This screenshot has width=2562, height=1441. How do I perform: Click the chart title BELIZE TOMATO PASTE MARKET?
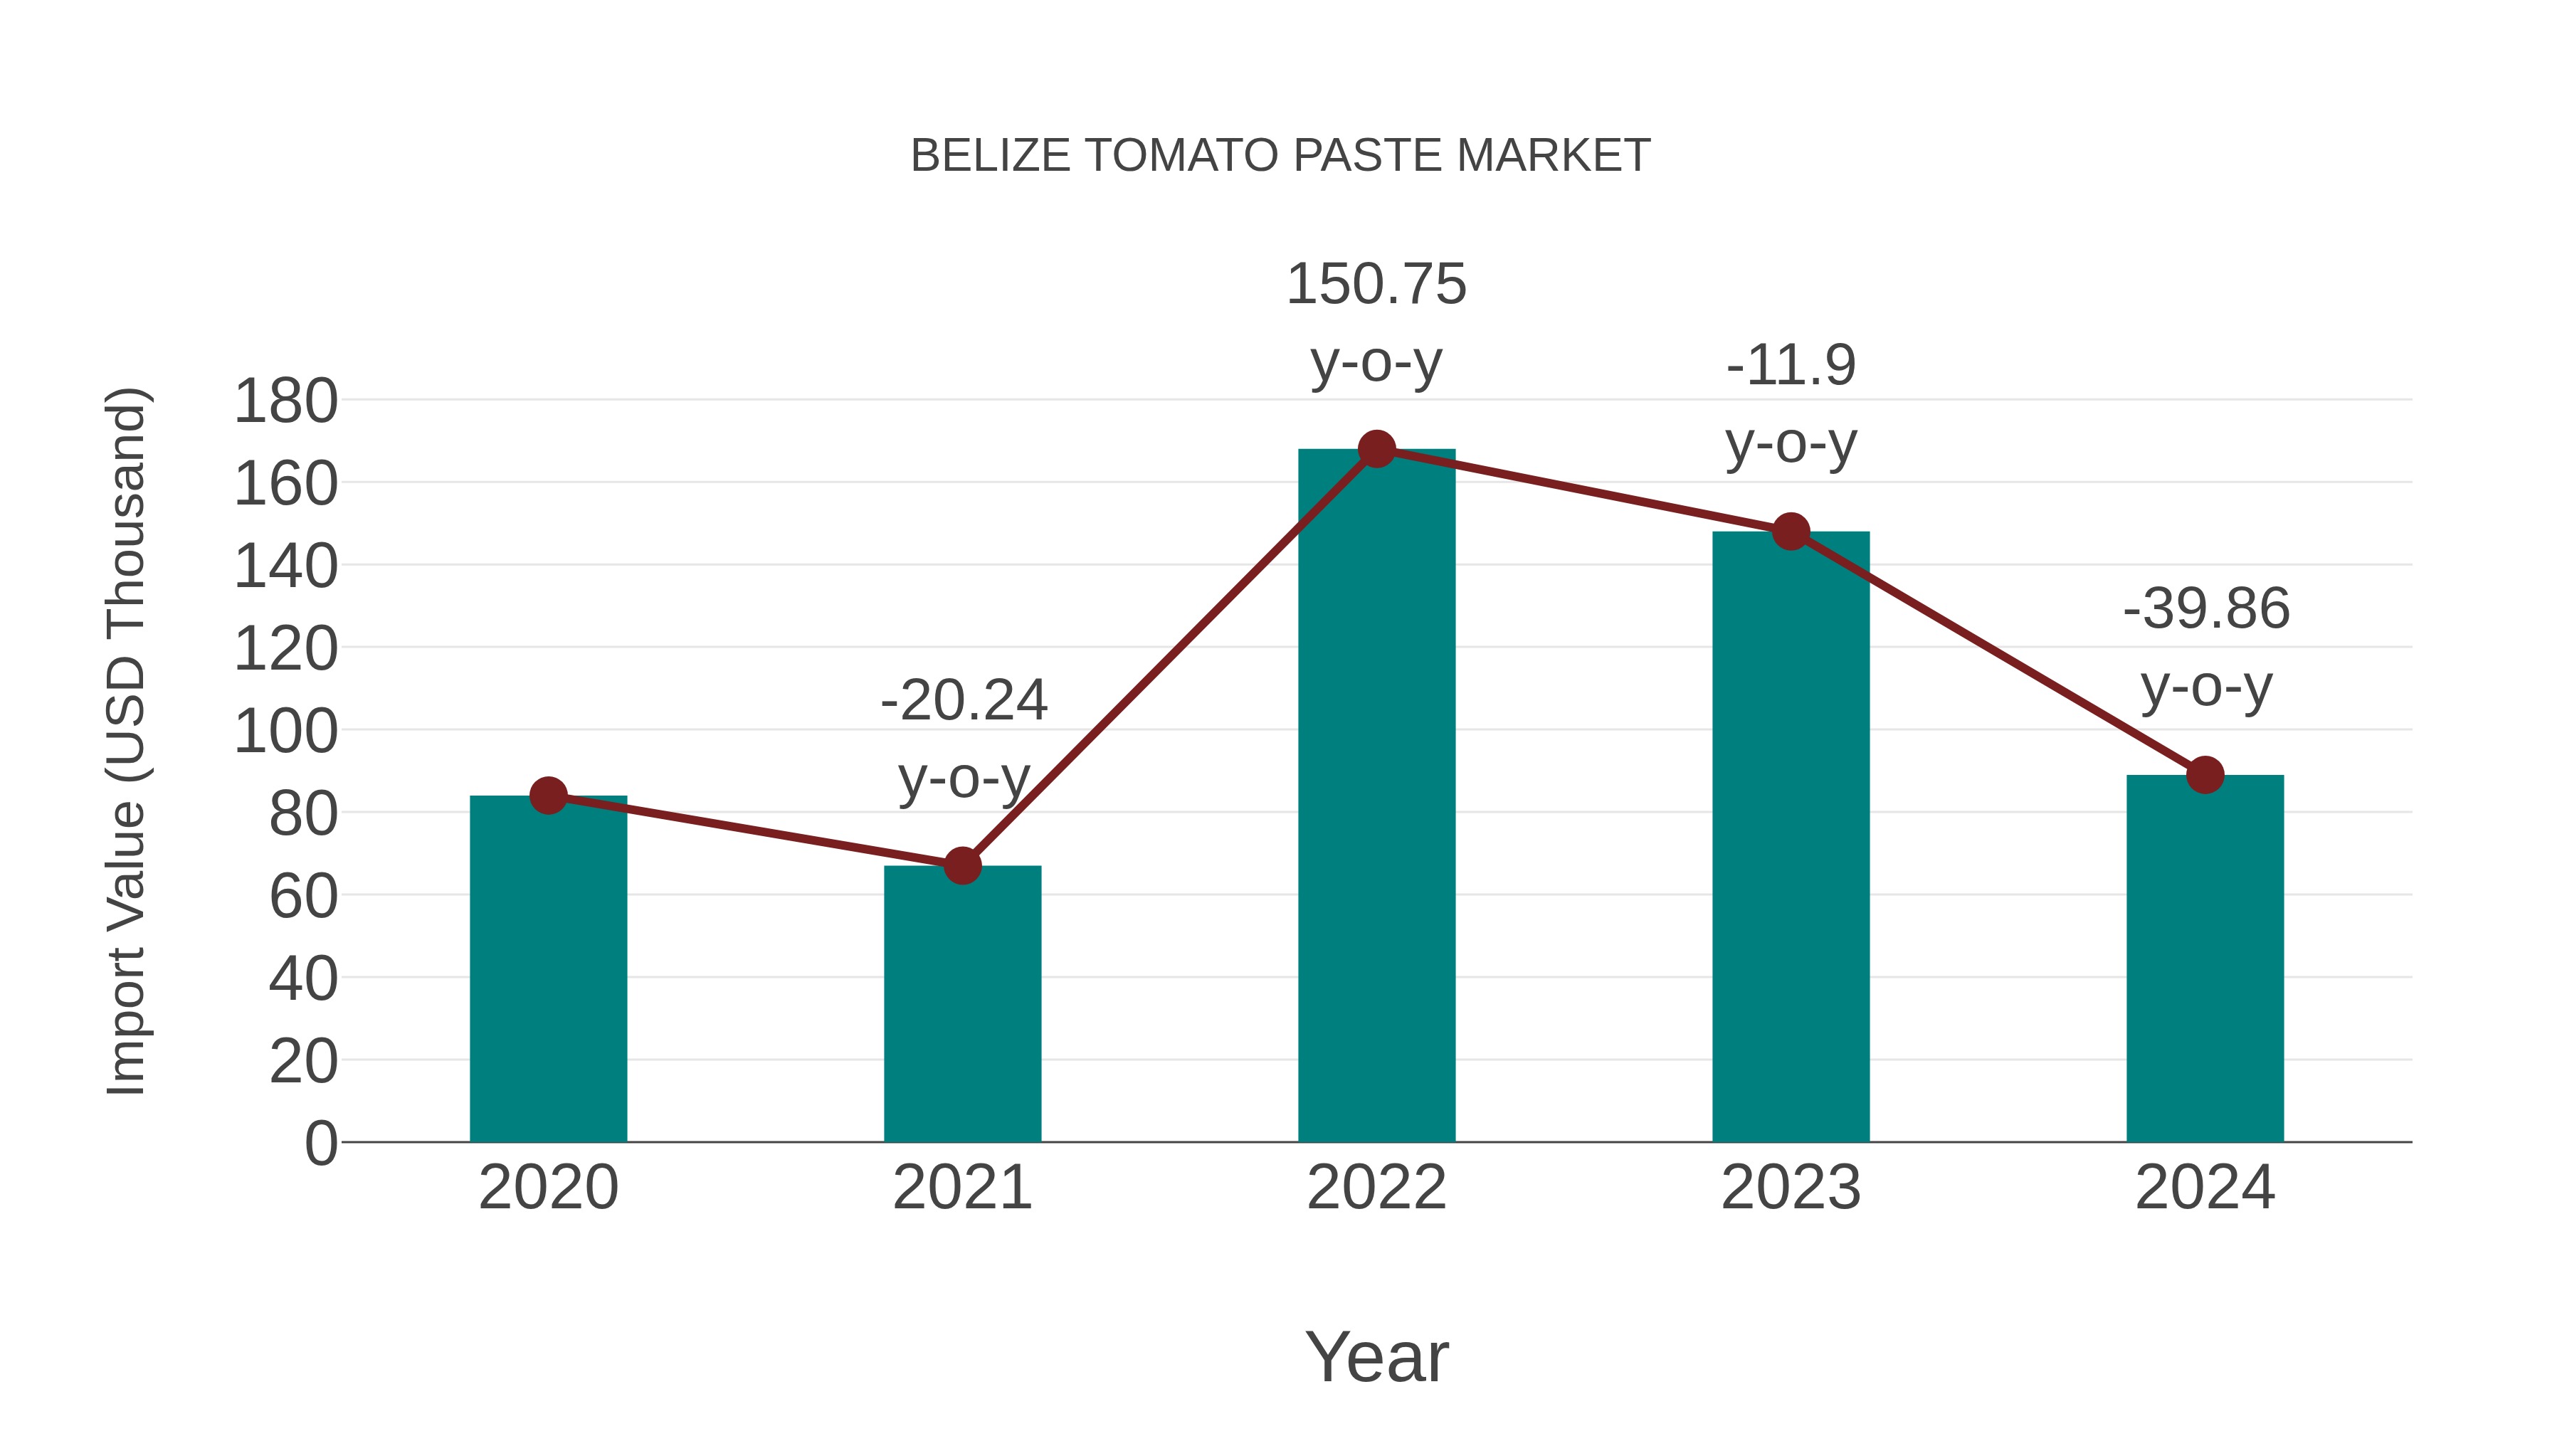pos(1280,156)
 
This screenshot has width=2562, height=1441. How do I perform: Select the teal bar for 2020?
pos(548,975)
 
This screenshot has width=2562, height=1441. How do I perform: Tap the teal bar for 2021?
pos(961,1004)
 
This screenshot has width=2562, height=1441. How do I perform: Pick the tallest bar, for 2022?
pos(1376,796)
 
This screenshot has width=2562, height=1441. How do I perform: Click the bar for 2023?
pos(1791,835)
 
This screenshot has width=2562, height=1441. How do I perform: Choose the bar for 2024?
pos(2205,960)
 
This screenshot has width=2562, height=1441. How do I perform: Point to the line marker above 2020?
pos(548,796)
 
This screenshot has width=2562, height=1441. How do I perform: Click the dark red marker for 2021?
pos(961,866)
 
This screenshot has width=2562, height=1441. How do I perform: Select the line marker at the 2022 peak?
pos(1376,450)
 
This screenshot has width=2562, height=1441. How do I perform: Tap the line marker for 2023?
pos(1791,532)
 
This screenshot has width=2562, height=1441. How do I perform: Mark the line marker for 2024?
pos(2205,775)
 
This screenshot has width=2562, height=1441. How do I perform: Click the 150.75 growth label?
pos(1376,285)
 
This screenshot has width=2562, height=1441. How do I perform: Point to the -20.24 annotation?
pos(964,701)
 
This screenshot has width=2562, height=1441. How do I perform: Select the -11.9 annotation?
pos(1791,366)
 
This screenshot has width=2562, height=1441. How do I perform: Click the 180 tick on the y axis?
pos(285,403)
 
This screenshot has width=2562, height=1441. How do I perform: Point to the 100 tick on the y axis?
pos(285,732)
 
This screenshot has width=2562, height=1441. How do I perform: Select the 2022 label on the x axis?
pos(1376,1188)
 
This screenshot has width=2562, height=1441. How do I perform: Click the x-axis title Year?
pos(1376,1356)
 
